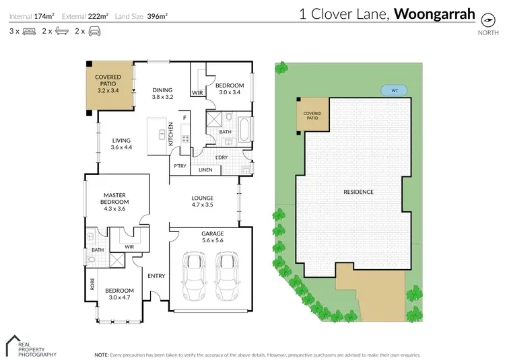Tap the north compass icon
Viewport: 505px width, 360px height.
[x=483, y=19]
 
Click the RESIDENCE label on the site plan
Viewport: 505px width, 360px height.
[x=358, y=192]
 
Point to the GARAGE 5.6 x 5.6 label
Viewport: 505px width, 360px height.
[x=212, y=237]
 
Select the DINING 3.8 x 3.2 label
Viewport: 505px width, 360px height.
[x=162, y=94]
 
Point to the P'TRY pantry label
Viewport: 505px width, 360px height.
[x=180, y=166]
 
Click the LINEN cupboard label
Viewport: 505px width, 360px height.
[x=205, y=170]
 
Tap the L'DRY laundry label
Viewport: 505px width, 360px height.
[x=222, y=158]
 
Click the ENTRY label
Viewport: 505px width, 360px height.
[x=156, y=276]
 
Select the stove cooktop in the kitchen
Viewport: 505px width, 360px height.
[x=185, y=139]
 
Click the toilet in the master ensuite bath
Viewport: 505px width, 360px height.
[x=91, y=260]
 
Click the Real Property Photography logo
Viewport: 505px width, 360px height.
[x=30, y=346]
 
